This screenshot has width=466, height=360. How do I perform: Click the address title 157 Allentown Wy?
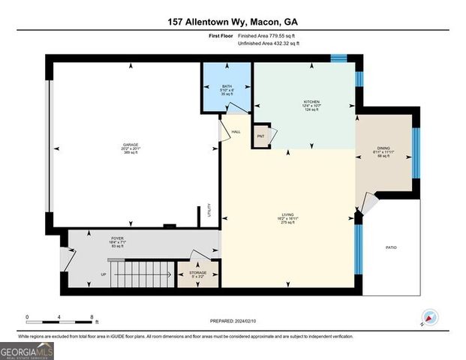pos(233,23)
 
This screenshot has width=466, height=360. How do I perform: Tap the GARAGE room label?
pos(131,145)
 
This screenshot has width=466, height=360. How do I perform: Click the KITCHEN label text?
pos(311,101)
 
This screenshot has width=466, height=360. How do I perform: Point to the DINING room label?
pos(384,148)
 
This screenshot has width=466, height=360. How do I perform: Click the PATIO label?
pos(391,247)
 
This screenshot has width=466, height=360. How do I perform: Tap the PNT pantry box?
pos(261,136)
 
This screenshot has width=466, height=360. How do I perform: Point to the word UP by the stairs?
pos(104,274)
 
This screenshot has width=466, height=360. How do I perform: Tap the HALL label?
pos(236,132)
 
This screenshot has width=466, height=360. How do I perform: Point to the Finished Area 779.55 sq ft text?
pos(266,35)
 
